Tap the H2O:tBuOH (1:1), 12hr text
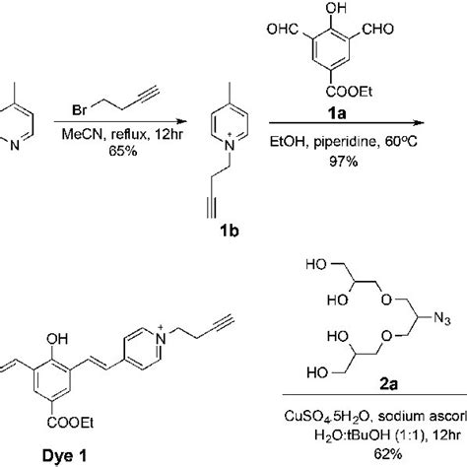(x=379, y=434)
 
